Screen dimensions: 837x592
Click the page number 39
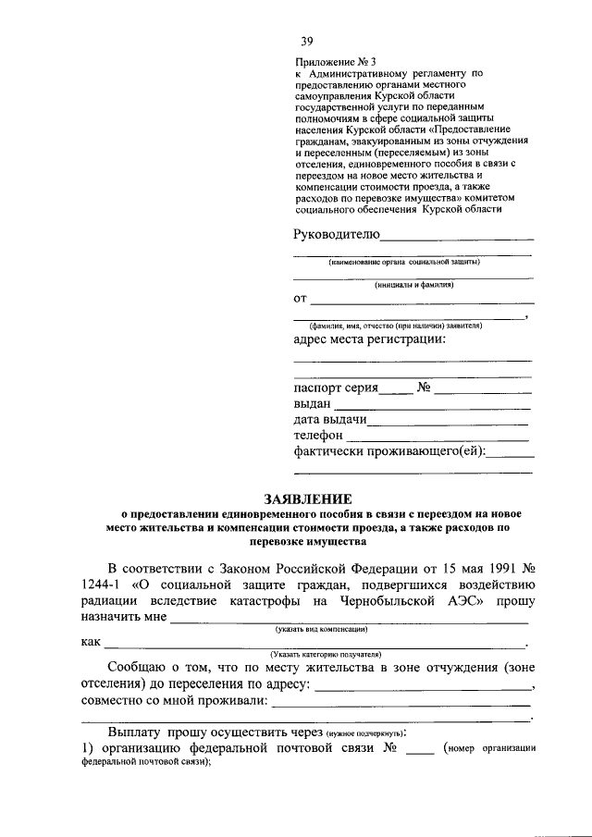(x=307, y=40)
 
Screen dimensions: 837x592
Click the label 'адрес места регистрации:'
(x=370, y=339)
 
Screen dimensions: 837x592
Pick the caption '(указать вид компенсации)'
(x=323, y=629)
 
